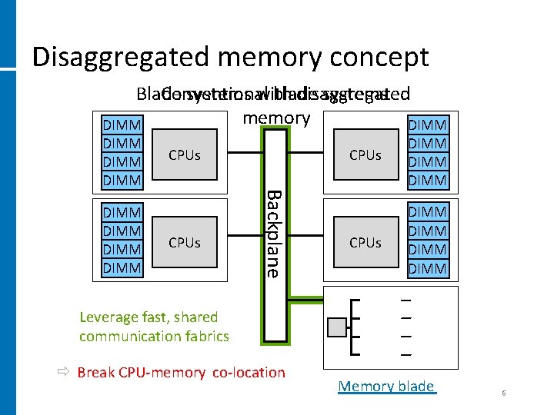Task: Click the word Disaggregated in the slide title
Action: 122,58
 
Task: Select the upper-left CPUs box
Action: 185,155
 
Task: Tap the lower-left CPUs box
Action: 185,243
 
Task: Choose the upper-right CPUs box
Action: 365,155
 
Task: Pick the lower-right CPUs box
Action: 365,243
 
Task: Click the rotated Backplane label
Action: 274,232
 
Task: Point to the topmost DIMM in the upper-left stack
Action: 122,125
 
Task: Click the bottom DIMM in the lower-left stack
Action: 122,268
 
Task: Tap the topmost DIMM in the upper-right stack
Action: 428,125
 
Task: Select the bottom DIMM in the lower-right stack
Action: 428,268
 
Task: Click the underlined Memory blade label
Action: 386,387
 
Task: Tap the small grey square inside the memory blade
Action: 336,327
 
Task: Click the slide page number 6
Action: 503,393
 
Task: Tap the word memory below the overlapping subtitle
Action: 276,118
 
